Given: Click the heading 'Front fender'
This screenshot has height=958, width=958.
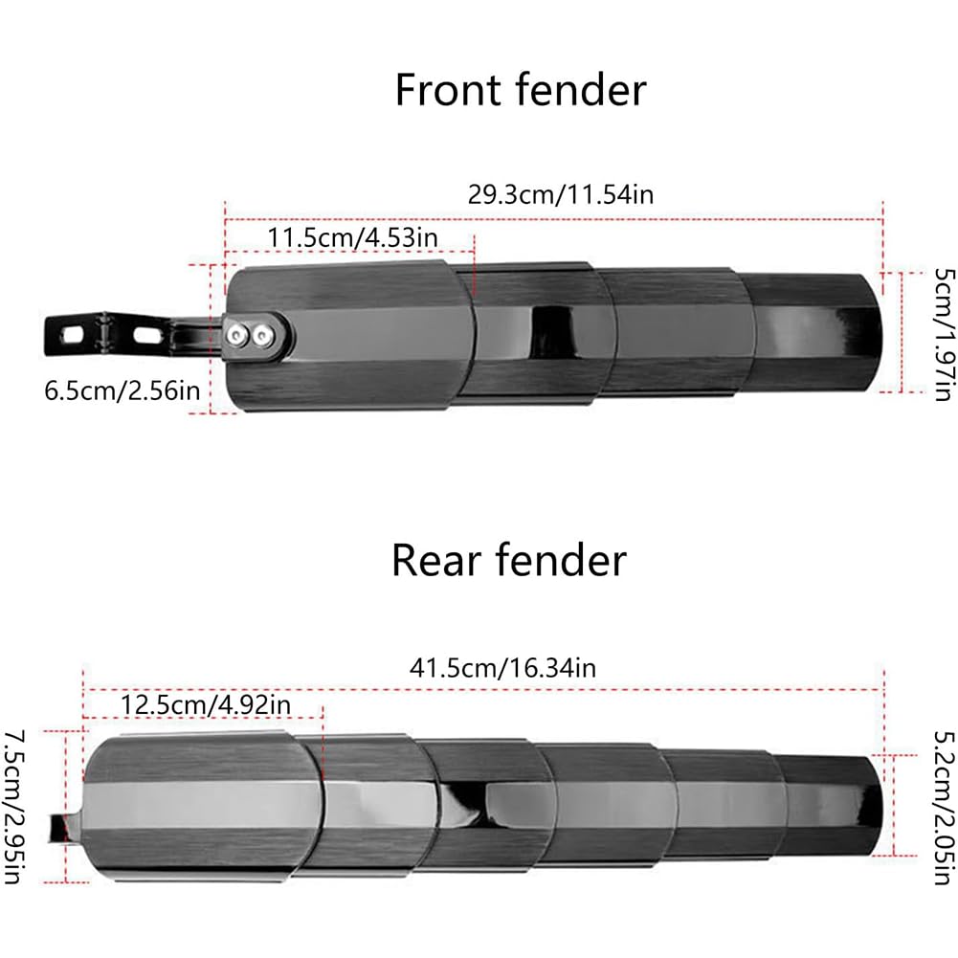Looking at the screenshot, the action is pyautogui.click(x=521, y=90).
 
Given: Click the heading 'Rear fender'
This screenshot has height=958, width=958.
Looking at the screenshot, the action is pyautogui.click(x=509, y=560).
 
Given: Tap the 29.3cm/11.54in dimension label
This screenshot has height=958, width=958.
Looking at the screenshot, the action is pyautogui.click(x=560, y=194).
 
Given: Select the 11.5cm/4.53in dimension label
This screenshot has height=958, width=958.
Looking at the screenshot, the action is pyautogui.click(x=352, y=237).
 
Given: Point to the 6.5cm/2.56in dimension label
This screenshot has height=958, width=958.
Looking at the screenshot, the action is pyautogui.click(x=123, y=390).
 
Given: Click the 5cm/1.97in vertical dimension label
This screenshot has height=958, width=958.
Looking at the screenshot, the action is pyautogui.click(x=945, y=334).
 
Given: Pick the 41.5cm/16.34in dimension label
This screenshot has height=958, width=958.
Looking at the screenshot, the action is pyautogui.click(x=502, y=668).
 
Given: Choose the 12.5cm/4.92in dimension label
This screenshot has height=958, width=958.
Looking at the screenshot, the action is pyautogui.click(x=205, y=704).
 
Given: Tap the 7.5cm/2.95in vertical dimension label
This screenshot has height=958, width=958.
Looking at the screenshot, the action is pyautogui.click(x=13, y=807).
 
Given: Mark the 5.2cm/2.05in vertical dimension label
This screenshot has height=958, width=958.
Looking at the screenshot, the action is pyautogui.click(x=945, y=807).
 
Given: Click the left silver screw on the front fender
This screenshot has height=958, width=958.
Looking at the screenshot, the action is pyautogui.click(x=236, y=334).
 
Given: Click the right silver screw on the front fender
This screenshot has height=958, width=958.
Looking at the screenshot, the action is pyautogui.click(x=262, y=335).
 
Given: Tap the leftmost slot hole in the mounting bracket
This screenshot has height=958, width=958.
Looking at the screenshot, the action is pyautogui.click(x=72, y=335).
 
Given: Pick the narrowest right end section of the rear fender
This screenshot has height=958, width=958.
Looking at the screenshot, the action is pyautogui.click(x=831, y=806).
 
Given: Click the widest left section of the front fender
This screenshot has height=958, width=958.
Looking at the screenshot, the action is pyautogui.click(x=348, y=335).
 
